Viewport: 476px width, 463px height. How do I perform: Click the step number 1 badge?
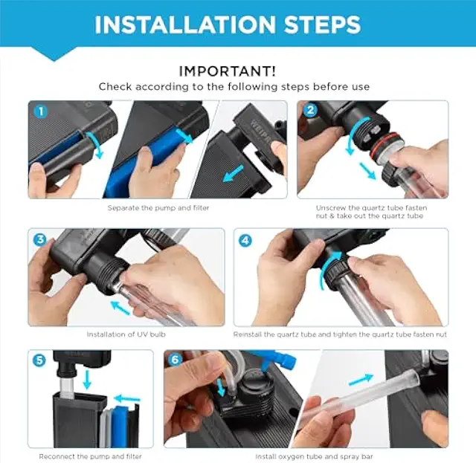click(x=41, y=111)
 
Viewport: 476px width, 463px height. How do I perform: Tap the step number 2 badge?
click(x=310, y=110)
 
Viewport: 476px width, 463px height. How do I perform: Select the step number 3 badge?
click(x=40, y=240)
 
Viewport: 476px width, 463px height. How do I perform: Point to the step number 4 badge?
click(x=245, y=241)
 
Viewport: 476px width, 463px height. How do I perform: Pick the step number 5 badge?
click(x=39, y=360)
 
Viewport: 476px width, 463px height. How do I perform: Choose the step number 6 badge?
click(x=175, y=360)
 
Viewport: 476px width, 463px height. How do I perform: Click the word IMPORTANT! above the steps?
click(x=228, y=71)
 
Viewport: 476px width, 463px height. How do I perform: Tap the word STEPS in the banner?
click(x=322, y=25)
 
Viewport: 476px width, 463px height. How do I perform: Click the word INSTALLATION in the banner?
click(x=184, y=25)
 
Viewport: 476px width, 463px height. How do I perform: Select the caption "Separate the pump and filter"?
click(x=158, y=208)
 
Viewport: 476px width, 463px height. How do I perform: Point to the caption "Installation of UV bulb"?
click(x=126, y=334)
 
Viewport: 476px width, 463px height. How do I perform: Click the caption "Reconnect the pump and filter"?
click(x=91, y=456)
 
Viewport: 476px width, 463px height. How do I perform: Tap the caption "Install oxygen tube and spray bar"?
click(x=314, y=456)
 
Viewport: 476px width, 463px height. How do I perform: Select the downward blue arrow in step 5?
click(x=87, y=379)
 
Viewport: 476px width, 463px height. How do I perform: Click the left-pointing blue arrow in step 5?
click(x=127, y=398)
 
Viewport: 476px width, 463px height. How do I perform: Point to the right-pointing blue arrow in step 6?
click(x=361, y=380)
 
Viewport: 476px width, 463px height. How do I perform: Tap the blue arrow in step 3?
click(x=120, y=307)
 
